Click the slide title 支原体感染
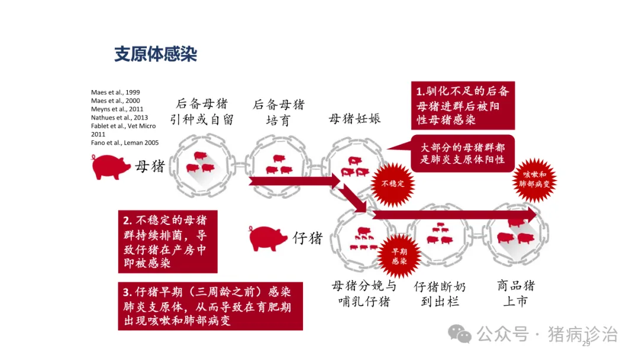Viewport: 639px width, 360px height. (156, 54)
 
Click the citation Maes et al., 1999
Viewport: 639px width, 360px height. (115, 92)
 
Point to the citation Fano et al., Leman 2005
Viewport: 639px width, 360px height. (125, 143)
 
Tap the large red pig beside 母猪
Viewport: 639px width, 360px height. (111, 166)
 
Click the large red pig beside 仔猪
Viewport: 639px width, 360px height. (268, 238)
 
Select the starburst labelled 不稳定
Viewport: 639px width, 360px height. (392, 184)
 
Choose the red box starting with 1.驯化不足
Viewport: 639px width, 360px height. (463, 105)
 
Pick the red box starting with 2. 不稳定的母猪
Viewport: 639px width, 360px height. (167, 242)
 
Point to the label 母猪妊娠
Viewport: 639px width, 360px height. (355, 118)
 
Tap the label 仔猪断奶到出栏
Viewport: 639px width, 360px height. (440, 294)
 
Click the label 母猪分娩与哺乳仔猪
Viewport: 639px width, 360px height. (364, 294)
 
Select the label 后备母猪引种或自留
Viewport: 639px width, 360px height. (202, 112)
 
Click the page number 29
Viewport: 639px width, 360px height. (586, 344)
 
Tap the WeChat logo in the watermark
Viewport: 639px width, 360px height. (460, 335)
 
